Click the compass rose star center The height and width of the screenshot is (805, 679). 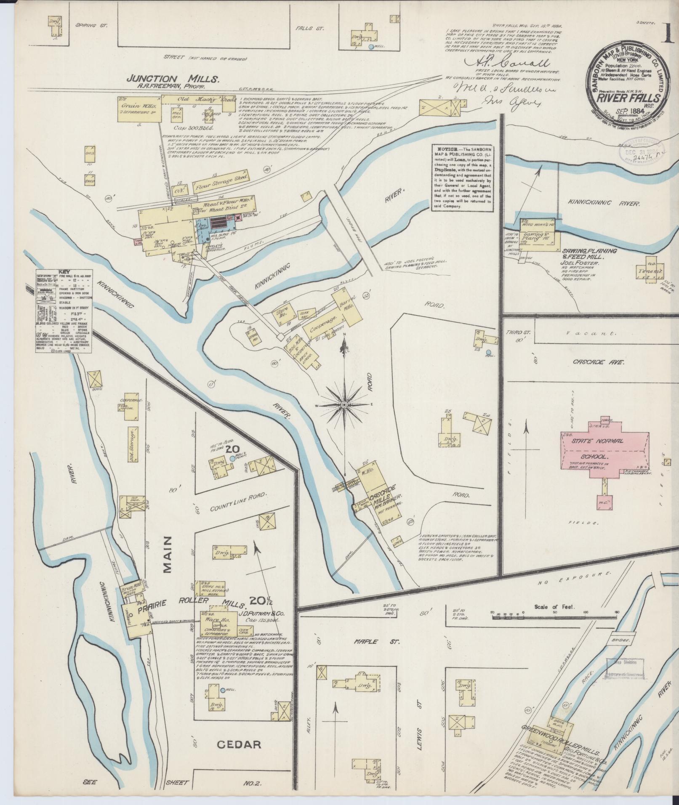pyautogui.click(x=344, y=404)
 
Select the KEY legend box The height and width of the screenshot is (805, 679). pyautogui.click(x=64, y=311)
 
